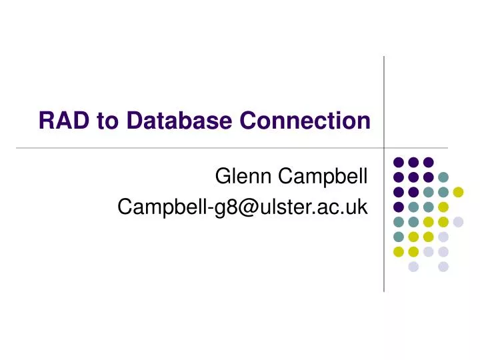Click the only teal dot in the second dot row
(443, 177)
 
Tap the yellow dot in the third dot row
(458, 192)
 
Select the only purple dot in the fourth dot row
(399, 207)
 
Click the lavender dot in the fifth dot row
(458, 222)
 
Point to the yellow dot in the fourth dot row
(443, 207)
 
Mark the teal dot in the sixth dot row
(399, 237)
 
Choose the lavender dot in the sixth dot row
(443, 237)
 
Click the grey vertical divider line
(384, 100)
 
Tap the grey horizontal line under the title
(200, 147)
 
